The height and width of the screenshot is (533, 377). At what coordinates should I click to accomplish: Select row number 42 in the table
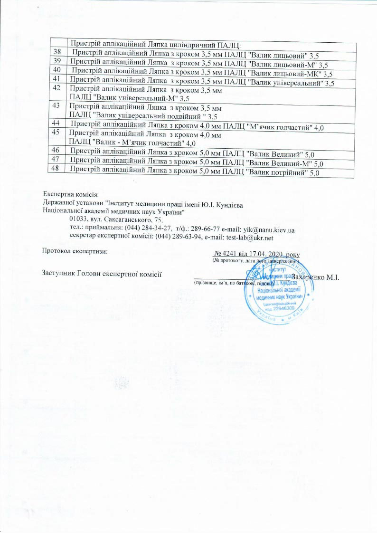pyautogui.click(x=57, y=88)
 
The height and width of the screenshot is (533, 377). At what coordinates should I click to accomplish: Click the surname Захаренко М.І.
pyautogui.click(x=315, y=277)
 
